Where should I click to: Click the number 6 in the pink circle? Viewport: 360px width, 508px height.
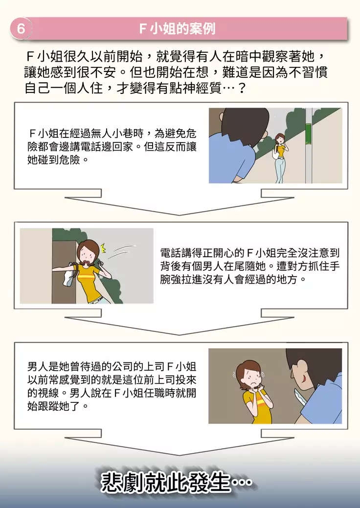(21, 29)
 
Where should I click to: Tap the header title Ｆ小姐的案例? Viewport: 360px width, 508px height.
(177, 29)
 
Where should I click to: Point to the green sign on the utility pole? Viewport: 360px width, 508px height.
(308, 133)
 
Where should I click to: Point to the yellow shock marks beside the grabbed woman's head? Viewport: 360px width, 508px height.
(103, 243)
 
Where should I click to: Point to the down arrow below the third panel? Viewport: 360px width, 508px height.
(180, 446)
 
